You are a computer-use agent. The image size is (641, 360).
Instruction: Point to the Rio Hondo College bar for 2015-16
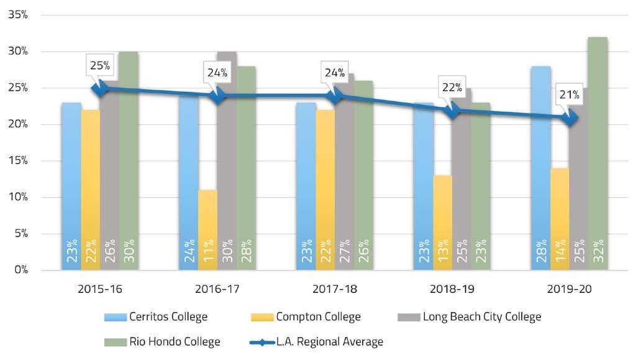point(128,161)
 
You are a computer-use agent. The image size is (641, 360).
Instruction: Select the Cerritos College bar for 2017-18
point(306,186)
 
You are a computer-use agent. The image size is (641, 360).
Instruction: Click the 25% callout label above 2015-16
point(99,65)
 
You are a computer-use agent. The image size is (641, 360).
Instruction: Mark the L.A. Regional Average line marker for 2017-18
point(335,96)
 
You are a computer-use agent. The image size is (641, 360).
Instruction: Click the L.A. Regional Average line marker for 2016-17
point(218,96)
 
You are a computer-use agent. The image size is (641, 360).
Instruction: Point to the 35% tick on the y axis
point(19,15)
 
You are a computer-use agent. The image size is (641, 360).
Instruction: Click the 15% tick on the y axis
point(19,161)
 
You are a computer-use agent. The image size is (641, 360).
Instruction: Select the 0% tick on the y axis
point(21,270)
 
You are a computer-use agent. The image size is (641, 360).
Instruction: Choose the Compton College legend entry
point(307,317)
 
